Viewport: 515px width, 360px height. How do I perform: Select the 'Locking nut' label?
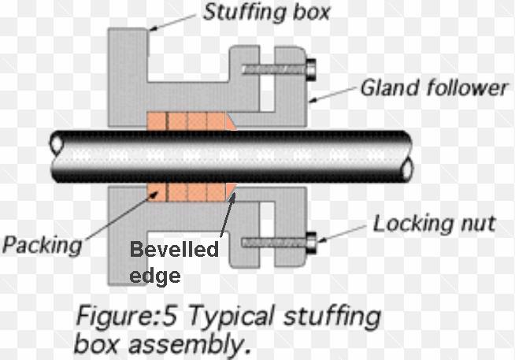pyautogui.click(x=435, y=223)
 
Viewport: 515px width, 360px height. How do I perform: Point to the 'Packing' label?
pyautogui.click(x=41, y=245)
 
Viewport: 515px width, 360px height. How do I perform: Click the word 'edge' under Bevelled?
pyautogui.click(x=155, y=274)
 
